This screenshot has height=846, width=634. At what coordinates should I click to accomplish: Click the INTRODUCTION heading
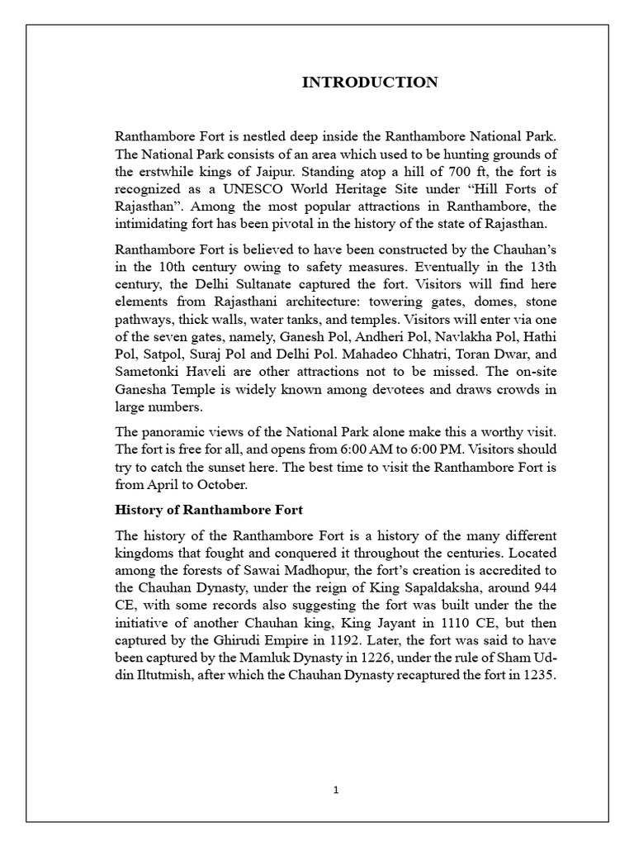coord(370,82)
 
